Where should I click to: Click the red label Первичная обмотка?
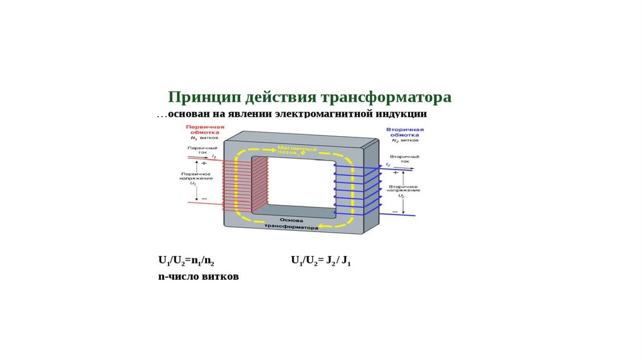coord(201,130)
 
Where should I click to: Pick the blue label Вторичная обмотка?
coord(405,132)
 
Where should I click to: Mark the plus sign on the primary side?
coord(203,162)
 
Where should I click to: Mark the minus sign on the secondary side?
coord(395,212)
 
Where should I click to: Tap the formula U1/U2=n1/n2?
coord(191,260)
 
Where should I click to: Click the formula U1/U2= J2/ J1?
coord(320,260)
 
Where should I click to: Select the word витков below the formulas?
coord(219,276)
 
